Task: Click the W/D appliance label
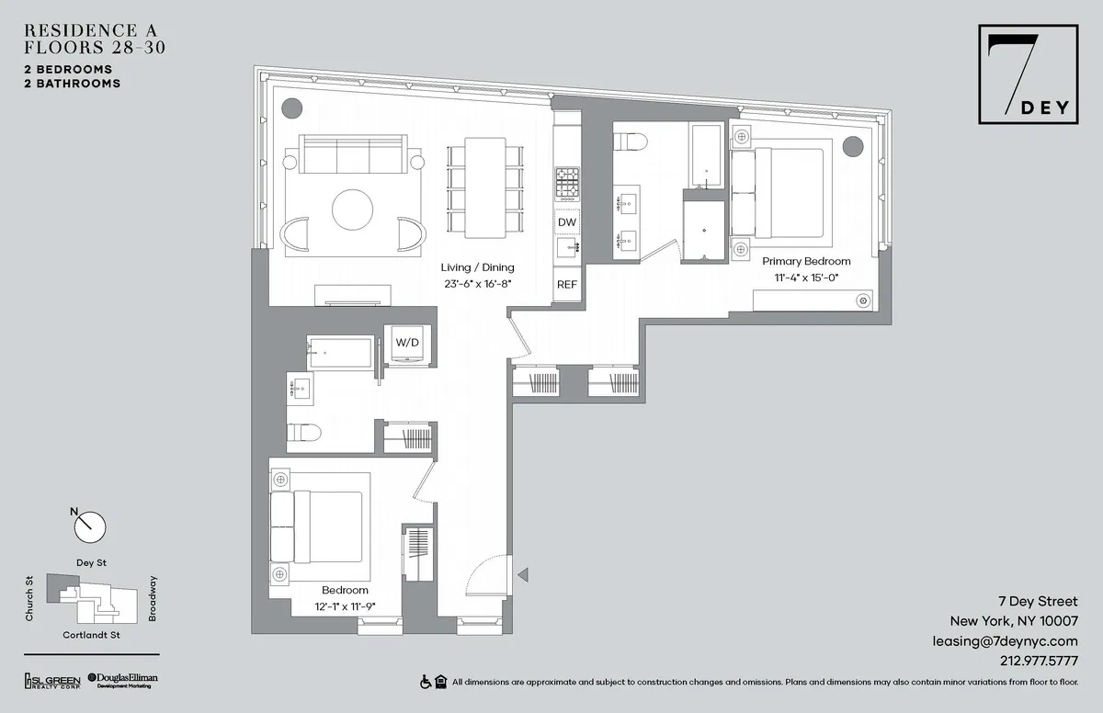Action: (x=406, y=342)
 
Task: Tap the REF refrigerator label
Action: (x=567, y=285)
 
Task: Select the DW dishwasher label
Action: (x=567, y=222)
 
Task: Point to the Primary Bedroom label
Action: (x=806, y=261)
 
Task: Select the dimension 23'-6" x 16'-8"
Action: (x=475, y=284)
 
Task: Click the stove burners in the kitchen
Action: (x=566, y=185)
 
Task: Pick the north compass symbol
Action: (x=89, y=526)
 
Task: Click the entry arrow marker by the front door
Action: (x=522, y=575)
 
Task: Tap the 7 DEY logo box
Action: (x=1029, y=76)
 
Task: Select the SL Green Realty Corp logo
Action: (x=52, y=680)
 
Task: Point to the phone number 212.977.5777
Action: (x=1039, y=660)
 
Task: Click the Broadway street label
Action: (x=153, y=598)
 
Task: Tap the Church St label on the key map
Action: (x=29, y=598)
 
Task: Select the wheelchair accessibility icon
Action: (x=426, y=682)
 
